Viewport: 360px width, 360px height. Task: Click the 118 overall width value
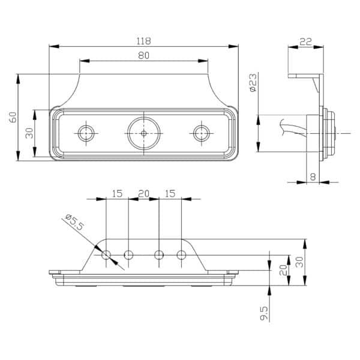point(144,41)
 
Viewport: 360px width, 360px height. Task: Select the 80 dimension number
point(144,55)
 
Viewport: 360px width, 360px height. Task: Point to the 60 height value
point(13,117)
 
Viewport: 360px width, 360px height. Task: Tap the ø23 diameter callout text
point(253,82)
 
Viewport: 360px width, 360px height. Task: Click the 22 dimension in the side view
point(306,41)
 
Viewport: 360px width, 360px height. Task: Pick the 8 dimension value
point(313,177)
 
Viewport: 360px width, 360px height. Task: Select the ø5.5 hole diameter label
point(74,222)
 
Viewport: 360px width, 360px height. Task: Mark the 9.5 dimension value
point(264,313)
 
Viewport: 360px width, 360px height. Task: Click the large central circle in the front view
point(144,133)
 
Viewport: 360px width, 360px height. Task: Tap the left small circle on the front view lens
point(86,133)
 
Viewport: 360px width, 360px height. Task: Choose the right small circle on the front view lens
point(202,133)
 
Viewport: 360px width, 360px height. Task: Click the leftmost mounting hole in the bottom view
point(106,254)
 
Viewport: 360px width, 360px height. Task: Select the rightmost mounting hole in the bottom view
point(181,254)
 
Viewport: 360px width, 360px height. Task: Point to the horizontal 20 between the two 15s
point(144,194)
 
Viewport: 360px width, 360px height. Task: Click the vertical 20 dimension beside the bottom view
point(283,270)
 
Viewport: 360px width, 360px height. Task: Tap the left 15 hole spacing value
point(117,194)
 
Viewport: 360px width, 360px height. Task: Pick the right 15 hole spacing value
point(170,194)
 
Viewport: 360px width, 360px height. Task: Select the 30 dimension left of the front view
point(29,133)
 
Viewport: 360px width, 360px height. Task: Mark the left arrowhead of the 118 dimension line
point(54,46)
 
